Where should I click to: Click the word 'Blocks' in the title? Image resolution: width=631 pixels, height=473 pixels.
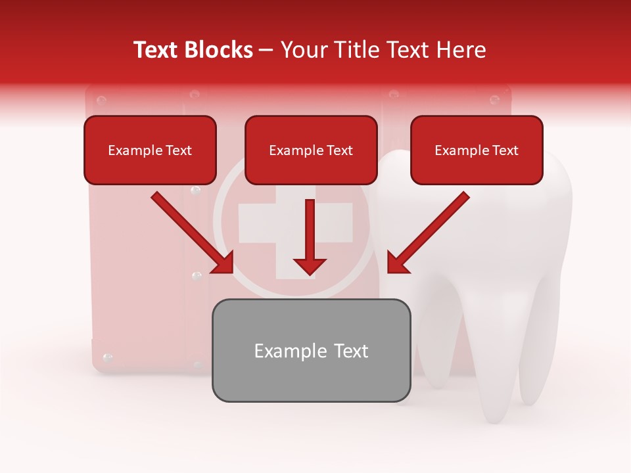pyautogui.click(x=220, y=50)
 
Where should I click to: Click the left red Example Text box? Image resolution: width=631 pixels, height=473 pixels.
pyautogui.click(x=150, y=150)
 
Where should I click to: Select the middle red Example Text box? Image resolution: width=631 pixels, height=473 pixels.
pyautogui.click(x=311, y=150)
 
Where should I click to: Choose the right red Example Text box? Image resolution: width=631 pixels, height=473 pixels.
pyautogui.click(x=477, y=150)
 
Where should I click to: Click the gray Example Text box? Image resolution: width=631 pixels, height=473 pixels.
pyautogui.click(x=311, y=350)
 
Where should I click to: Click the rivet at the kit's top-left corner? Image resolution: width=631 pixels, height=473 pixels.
pyautogui.click(x=101, y=101)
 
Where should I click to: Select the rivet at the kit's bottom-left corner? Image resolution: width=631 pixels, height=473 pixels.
pyautogui.click(x=108, y=358)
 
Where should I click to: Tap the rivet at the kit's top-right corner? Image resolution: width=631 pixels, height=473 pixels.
pyautogui.click(x=495, y=101)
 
